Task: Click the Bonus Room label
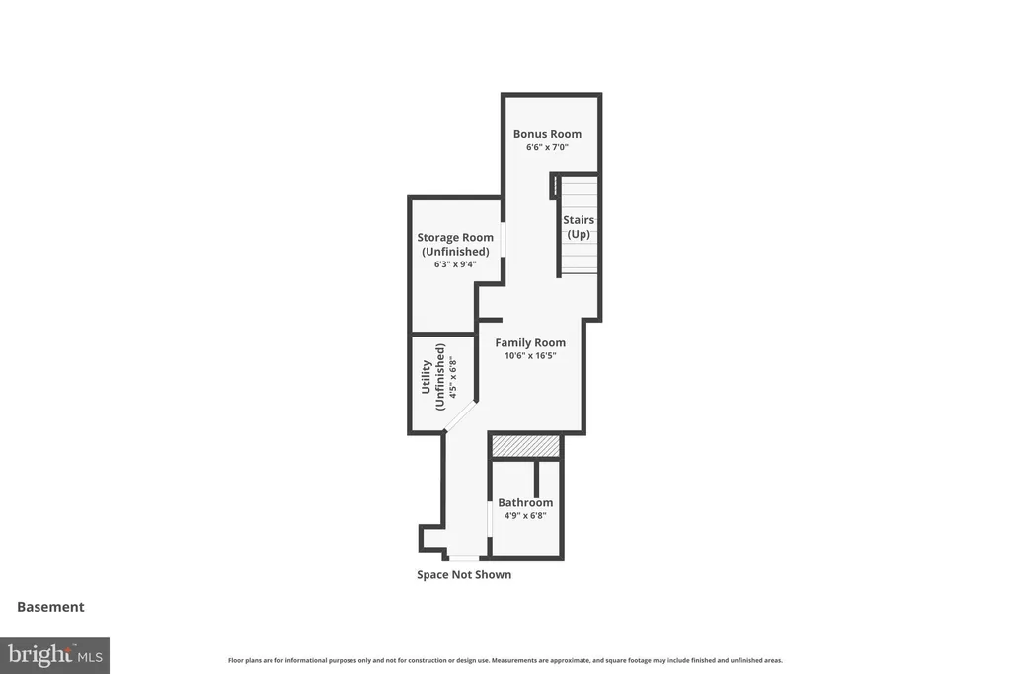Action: pyautogui.click(x=547, y=134)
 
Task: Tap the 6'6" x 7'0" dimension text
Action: pyautogui.click(x=547, y=147)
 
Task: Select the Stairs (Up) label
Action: pyautogui.click(x=579, y=227)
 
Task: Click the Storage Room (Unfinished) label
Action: pyautogui.click(x=455, y=244)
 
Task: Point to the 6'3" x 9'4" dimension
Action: pyautogui.click(x=455, y=264)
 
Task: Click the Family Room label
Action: pyautogui.click(x=530, y=342)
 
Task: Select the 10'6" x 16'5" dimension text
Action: pyautogui.click(x=530, y=355)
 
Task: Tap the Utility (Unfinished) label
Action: pyautogui.click(x=432, y=377)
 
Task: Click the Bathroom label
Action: pyautogui.click(x=525, y=502)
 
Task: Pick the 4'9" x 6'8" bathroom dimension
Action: pyautogui.click(x=525, y=515)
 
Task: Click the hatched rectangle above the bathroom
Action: pyautogui.click(x=525, y=446)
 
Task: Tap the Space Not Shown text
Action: pyautogui.click(x=464, y=574)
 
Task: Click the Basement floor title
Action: pyautogui.click(x=50, y=607)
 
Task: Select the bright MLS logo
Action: pyautogui.click(x=55, y=656)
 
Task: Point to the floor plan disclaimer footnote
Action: pyautogui.click(x=505, y=660)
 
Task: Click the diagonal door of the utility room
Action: pyautogui.click(x=460, y=415)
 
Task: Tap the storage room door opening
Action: pyautogui.click(x=503, y=240)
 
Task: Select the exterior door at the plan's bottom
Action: pyautogui.click(x=464, y=558)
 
